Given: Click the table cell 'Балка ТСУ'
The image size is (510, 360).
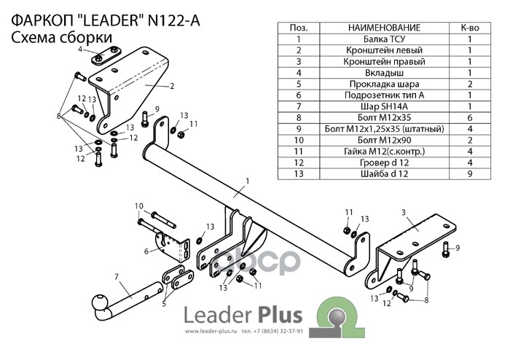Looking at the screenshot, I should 382,40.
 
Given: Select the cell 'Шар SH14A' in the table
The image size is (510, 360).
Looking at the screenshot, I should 382,106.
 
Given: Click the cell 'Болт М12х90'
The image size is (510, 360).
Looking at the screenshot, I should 382,140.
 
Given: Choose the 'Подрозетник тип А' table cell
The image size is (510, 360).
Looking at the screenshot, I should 382,95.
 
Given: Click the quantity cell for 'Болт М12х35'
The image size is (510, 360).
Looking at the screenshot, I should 470,118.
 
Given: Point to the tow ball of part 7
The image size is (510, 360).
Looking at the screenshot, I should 98,301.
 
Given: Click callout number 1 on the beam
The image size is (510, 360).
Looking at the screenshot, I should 248,180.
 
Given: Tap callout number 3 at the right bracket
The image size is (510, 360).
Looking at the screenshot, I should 403,212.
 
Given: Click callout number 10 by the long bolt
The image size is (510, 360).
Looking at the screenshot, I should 138,206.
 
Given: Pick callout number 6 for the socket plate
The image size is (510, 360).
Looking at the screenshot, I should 146,251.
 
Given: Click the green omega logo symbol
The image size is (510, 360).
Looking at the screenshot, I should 337,318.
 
